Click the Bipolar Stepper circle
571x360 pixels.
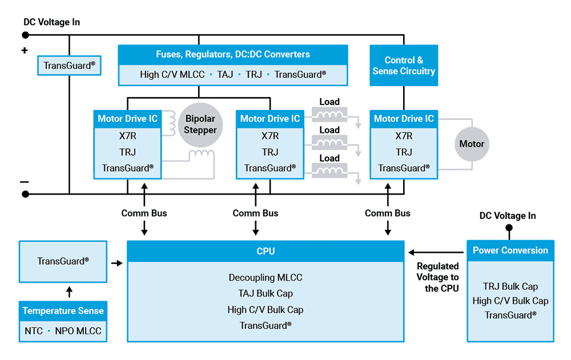coord(200,124)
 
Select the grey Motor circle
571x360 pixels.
coord(472,144)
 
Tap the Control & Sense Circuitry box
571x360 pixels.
coord(404,66)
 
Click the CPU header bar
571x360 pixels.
coord(266,251)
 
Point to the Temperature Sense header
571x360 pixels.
coord(63,311)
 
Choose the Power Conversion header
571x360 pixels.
coord(510,250)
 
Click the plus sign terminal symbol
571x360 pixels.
coord(25,51)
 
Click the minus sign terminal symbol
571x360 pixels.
coord(25,182)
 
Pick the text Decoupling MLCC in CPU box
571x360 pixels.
coord(266,278)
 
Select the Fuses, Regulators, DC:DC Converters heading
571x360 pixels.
coord(233,55)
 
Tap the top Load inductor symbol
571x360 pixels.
coord(329,115)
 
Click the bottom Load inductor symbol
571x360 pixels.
coord(329,171)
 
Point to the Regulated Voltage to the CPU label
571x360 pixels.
coord(437,277)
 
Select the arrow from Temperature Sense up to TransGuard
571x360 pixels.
coord(69,292)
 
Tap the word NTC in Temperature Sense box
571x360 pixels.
coord(34,331)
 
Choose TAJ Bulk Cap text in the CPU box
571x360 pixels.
coord(266,294)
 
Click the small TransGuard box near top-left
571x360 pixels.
coord(69,66)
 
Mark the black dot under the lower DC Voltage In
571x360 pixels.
coord(508,228)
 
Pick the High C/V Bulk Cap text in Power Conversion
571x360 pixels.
coord(510,301)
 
